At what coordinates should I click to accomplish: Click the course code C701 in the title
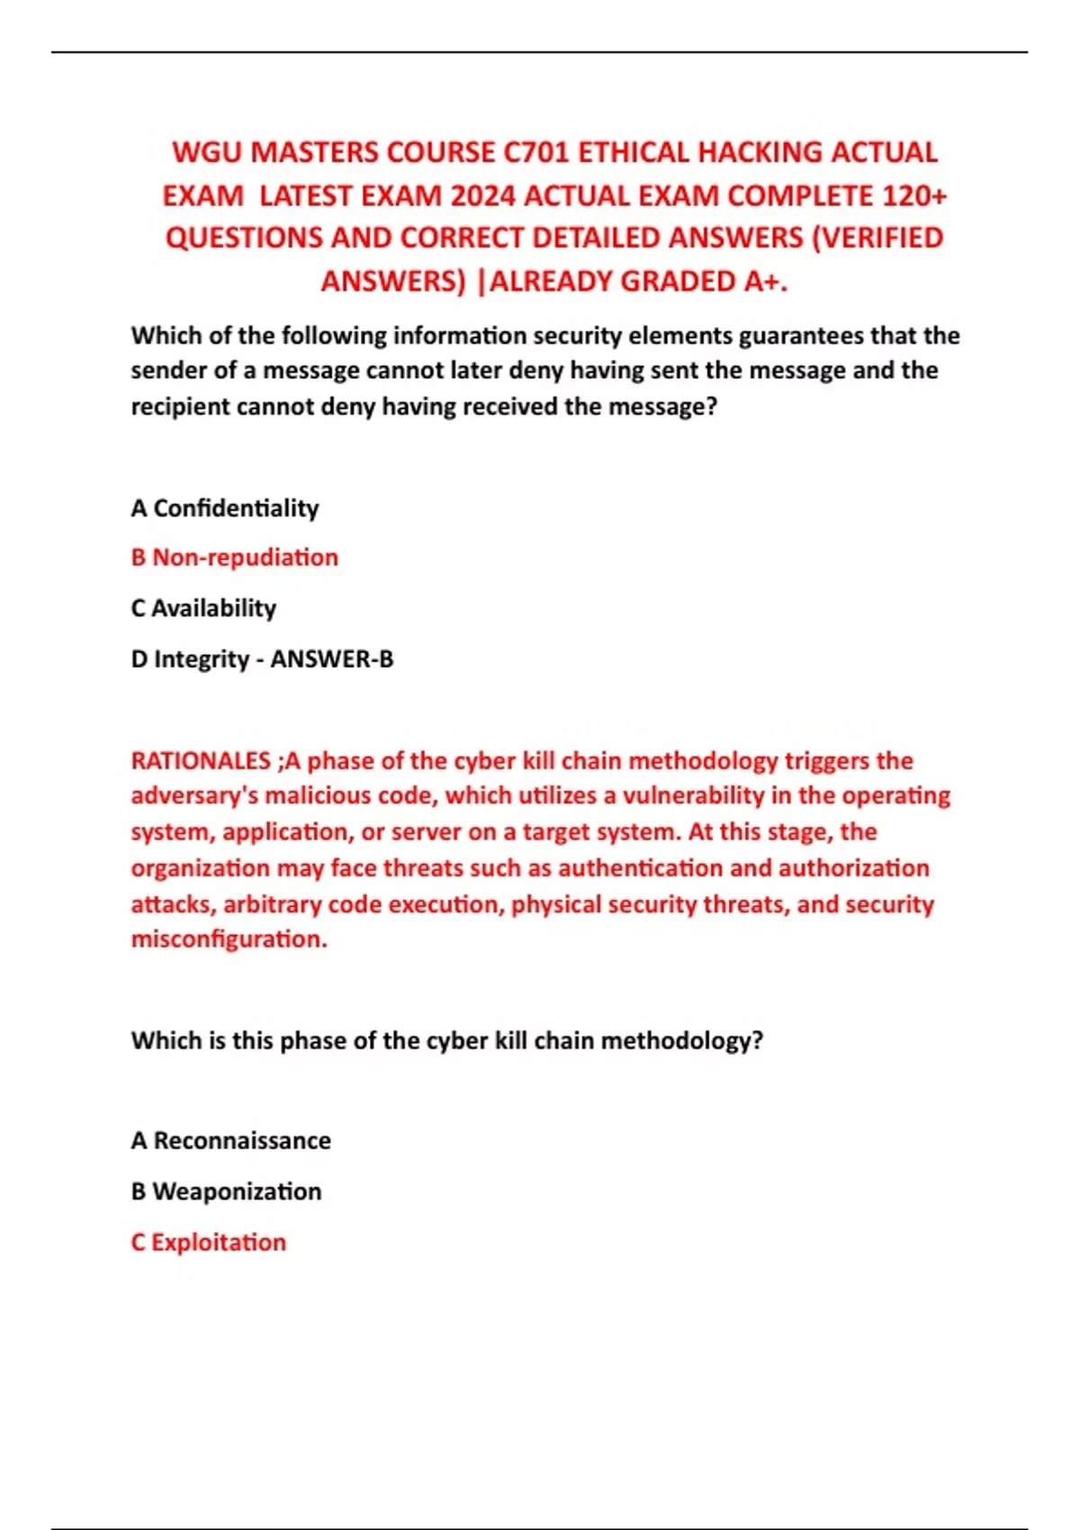pos(536,152)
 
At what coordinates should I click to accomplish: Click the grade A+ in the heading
pos(763,282)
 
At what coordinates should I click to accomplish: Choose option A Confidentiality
pos(225,508)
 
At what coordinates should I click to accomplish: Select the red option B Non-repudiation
pos(235,558)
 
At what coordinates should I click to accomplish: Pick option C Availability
pos(203,608)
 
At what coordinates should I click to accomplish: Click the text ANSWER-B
pos(332,660)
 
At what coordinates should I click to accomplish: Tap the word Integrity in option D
pos(201,660)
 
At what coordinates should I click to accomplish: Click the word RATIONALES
pos(201,760)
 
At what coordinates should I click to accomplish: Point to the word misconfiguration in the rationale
pos(229,940)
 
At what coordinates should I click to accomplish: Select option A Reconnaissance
pos(231,1141)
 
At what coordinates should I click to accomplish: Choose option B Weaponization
pos(226,1192)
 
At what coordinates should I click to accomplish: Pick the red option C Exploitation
pos(209,1243)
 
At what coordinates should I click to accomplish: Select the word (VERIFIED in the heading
pos(877,238)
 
